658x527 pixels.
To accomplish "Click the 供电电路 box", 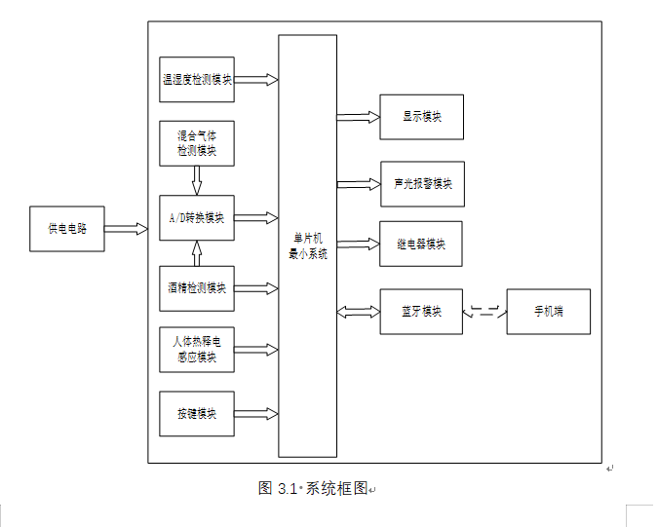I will [67, 229].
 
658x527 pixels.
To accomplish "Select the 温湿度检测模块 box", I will [197, 80].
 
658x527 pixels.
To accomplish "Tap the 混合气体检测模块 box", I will [197, 143].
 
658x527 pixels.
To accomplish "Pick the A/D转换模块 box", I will [197, 218].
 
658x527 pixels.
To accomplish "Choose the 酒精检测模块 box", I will [197, 288].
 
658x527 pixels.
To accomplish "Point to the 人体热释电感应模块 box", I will [197, 350].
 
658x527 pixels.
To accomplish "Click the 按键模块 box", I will [197, 413].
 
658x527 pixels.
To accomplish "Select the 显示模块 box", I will [421, 117].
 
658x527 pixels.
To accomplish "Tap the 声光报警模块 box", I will [422, 183].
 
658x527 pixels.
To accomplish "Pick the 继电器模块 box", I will [421, 244].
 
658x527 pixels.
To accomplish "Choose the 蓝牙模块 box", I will [421, 312].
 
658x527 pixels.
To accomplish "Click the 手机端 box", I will [548, 312].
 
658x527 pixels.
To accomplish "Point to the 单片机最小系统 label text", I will [307, 245].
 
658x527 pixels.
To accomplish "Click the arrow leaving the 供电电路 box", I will [126, 229].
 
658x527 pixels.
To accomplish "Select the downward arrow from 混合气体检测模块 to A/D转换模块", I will [197, 180].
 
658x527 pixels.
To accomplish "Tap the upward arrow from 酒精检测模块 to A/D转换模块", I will [197, 253].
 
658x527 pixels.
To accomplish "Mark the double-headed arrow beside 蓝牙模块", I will [358, 312].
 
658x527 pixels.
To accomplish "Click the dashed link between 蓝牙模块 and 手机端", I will [484, 312].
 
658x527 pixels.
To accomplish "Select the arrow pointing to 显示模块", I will [358, 117].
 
